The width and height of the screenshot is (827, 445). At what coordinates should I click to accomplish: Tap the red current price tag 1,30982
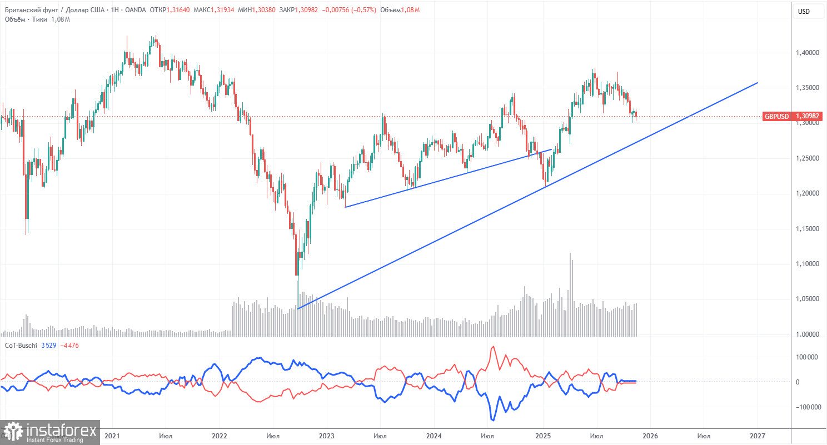tap(808, 117)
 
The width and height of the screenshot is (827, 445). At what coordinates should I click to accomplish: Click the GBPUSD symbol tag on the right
tap(776, 117)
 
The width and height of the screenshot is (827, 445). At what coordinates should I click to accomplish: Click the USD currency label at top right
tap(803, 12)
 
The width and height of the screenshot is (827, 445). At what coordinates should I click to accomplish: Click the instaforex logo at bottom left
tap(50, 432)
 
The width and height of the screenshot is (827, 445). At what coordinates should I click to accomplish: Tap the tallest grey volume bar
tap(570, 294)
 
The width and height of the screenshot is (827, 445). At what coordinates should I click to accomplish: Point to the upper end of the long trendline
tap(757, 83)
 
